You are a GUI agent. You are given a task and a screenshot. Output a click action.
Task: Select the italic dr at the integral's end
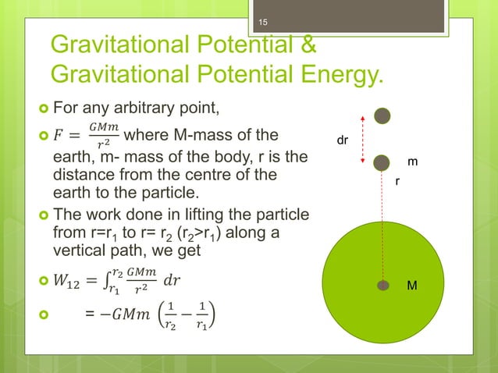[x=171, y=279]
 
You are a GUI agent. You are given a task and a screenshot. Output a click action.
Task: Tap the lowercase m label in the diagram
[x=413, y=162]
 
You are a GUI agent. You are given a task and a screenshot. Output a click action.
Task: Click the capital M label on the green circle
[x=413, y=286]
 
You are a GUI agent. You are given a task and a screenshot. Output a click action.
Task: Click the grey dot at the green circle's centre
[x=382, y=286]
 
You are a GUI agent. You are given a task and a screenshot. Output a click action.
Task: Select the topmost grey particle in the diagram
[x=381, y=115]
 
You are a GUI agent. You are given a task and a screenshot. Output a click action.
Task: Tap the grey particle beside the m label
[x=381, y=162]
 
